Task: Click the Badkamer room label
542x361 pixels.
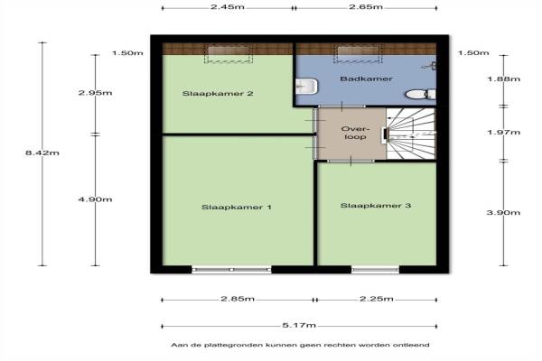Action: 366,79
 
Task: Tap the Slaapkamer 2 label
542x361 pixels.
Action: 218,94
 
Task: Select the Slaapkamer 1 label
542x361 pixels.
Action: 237,208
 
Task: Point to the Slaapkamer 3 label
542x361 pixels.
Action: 376,206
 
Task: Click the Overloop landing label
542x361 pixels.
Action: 355,133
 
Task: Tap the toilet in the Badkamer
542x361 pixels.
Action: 421,94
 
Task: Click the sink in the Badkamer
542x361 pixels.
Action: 306,87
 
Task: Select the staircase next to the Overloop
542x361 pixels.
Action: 411,134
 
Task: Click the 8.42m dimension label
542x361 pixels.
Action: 42,153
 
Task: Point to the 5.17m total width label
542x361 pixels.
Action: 299,326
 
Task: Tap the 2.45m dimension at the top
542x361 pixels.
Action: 228,7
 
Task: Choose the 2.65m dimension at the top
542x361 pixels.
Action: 366,7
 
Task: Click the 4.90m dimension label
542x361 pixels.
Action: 95,199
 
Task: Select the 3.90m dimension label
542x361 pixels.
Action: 503,212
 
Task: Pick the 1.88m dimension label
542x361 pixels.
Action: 504,79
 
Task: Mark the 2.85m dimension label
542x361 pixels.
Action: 238,299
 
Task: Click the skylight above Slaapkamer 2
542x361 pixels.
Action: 229,54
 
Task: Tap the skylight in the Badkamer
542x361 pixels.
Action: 358,54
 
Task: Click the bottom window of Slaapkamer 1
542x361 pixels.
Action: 231,270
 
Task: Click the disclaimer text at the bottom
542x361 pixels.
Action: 301,345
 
